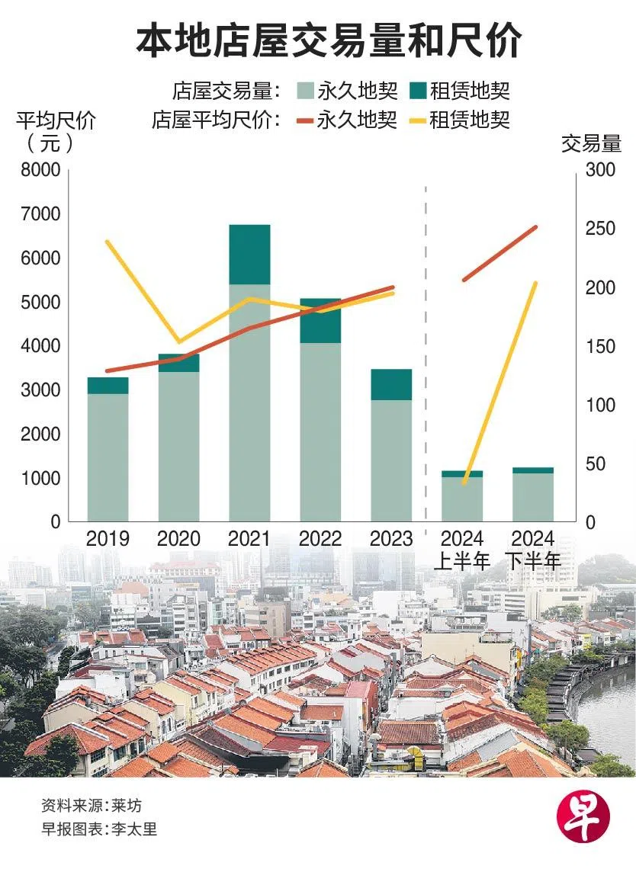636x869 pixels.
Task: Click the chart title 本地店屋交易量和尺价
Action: (329, 40)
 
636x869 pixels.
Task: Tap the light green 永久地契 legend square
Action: (305, 91)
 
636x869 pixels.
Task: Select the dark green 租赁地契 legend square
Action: (418, 91)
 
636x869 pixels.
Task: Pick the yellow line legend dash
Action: (416, 120)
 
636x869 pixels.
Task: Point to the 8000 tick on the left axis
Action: (39, 171)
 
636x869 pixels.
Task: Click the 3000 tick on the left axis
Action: (39, 390)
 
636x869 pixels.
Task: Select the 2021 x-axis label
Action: (249, 539)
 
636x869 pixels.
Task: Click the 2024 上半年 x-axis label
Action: (462, 550)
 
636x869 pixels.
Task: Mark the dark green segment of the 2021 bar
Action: (249, 255)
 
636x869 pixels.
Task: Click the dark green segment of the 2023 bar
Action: (391, 384)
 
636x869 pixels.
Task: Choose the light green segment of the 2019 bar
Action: (108, 457)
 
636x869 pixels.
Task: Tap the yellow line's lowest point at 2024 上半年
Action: (464, 483)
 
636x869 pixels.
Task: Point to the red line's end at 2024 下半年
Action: (535, 227)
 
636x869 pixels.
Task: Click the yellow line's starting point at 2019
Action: (107, 242)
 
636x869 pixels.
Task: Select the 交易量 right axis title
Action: (592, 143)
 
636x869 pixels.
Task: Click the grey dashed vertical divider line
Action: (426, 343)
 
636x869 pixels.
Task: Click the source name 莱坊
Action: (126, 806)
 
